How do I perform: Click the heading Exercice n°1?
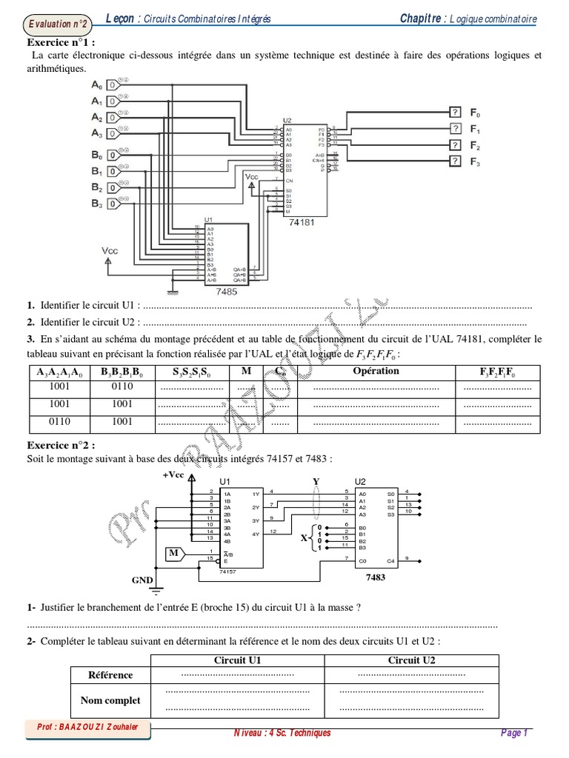click(x=62, y=43)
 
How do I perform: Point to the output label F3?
click(x=475, y=161)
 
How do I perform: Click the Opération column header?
click(x=376, y=371)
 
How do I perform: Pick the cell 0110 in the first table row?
click(x=122, y=386)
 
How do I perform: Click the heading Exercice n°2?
click(x=62, y=446)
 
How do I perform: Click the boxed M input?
click(x=172, y=553)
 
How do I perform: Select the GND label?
click(x=142, y=580)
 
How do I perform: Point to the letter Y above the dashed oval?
click(x=316, y=481)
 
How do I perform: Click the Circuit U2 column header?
click(x=412, y=660)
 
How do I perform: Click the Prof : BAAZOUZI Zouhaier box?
click(x=87, y=728)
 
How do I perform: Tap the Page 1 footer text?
click(x=513, y=733)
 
